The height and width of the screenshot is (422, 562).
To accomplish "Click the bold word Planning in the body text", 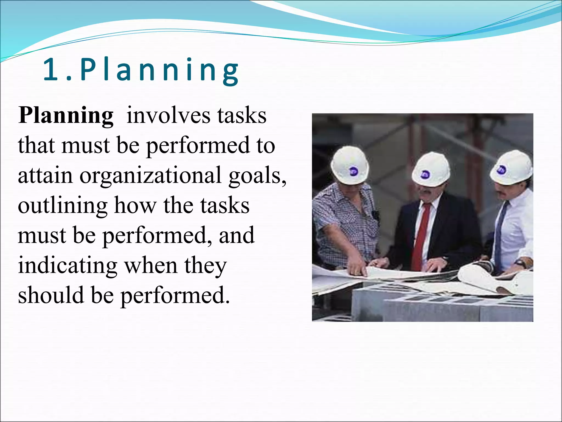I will point(66,116).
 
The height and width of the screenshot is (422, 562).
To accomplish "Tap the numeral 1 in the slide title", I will point(51,70).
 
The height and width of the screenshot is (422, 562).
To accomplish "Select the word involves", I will point(168,116).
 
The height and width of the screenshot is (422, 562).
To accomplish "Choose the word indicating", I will point(68,266).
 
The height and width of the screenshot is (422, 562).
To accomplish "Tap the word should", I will point(51,295).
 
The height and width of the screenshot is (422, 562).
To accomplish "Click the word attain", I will point(45,175).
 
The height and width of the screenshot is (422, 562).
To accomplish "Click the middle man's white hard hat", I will point(431,168).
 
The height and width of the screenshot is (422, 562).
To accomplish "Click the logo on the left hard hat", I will point(353,172).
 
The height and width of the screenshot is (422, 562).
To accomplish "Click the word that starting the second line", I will point(36,146).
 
